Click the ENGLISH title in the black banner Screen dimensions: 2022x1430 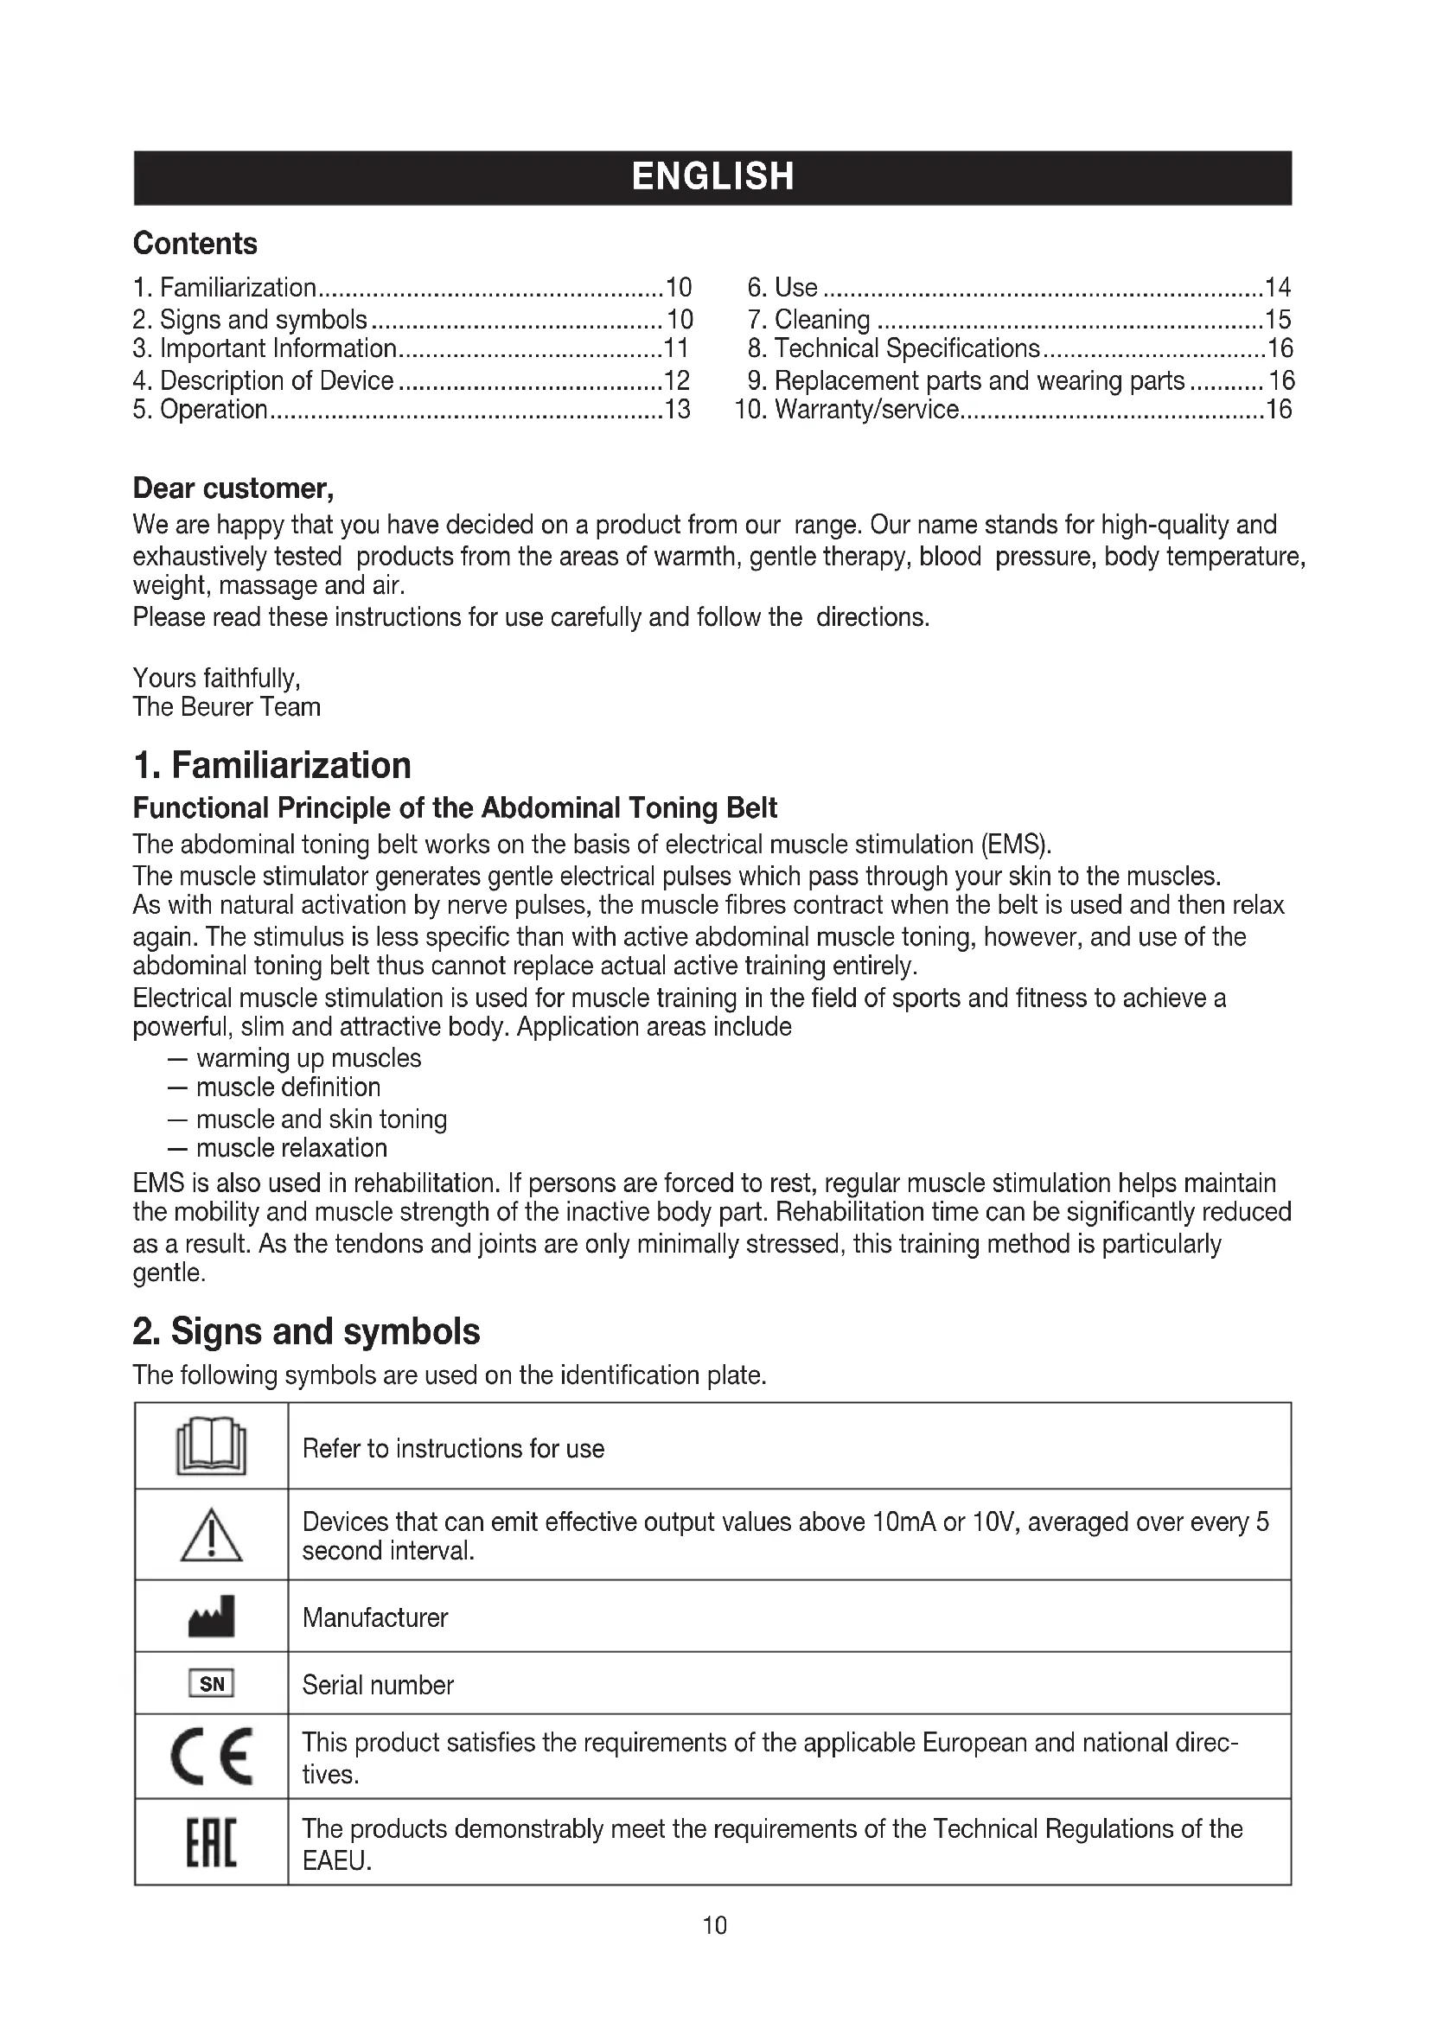713,177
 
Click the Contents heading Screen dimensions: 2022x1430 195,244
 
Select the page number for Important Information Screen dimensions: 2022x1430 675,348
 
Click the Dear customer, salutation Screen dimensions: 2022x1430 233,488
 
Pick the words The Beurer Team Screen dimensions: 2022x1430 227,707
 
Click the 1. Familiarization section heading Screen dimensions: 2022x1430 271,765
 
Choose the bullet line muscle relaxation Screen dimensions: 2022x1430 291,1148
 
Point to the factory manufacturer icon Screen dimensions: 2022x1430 211,1617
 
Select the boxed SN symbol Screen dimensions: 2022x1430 211,1684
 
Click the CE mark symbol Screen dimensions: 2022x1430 211,1755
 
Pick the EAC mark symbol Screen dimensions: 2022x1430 211,1841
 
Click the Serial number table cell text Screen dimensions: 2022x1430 378,1685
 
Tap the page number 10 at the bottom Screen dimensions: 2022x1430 714,1925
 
